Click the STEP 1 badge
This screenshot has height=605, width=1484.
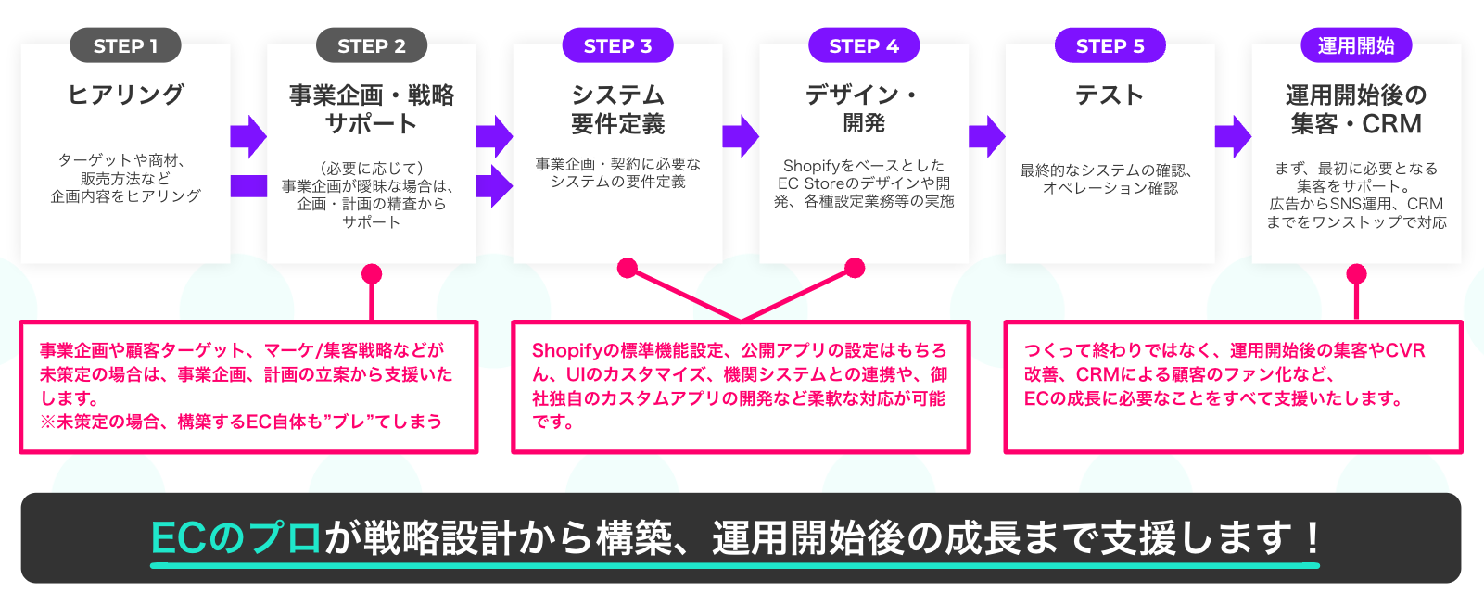point(125,45)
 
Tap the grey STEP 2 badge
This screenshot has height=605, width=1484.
point(371,45)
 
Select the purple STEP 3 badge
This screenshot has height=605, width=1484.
point(617,45)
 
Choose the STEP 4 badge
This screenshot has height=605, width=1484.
point(864,45)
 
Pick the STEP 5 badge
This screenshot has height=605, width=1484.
point(1110,45)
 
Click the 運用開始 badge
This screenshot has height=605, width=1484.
point(1356,45)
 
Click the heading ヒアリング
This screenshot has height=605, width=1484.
point(125,95)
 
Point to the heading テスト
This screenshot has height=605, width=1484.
point(1110,95)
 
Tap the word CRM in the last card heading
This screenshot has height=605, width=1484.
point(1392,124)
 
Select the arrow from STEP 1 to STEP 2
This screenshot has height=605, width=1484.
point(248,137)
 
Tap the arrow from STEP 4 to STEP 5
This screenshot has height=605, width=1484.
point(986,137)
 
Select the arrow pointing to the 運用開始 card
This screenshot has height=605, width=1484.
point(1233,137)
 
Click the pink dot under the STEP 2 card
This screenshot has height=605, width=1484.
point(372,273)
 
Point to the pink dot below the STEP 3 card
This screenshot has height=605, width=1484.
point(628,268)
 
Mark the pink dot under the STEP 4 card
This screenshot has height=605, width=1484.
point(855,268)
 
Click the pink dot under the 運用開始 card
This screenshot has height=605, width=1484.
point(1356,273)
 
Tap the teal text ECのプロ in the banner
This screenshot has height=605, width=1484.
point(236,538)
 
